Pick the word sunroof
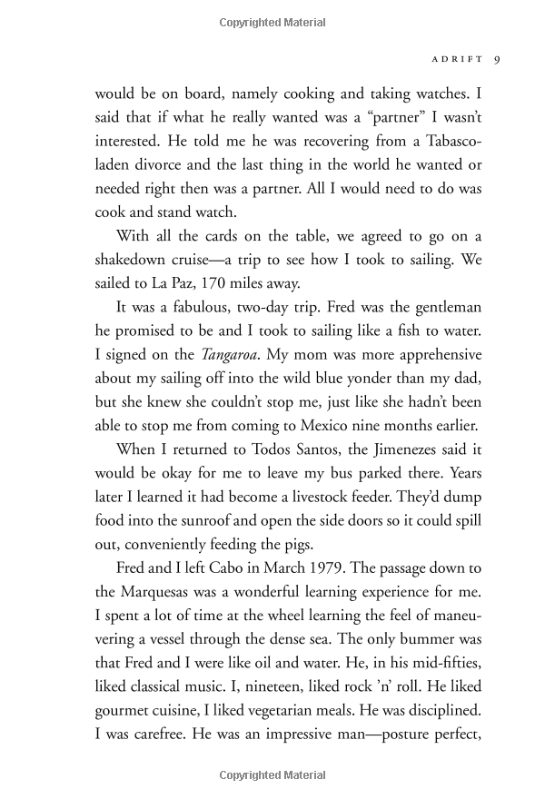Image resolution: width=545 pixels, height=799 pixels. point(214,497)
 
